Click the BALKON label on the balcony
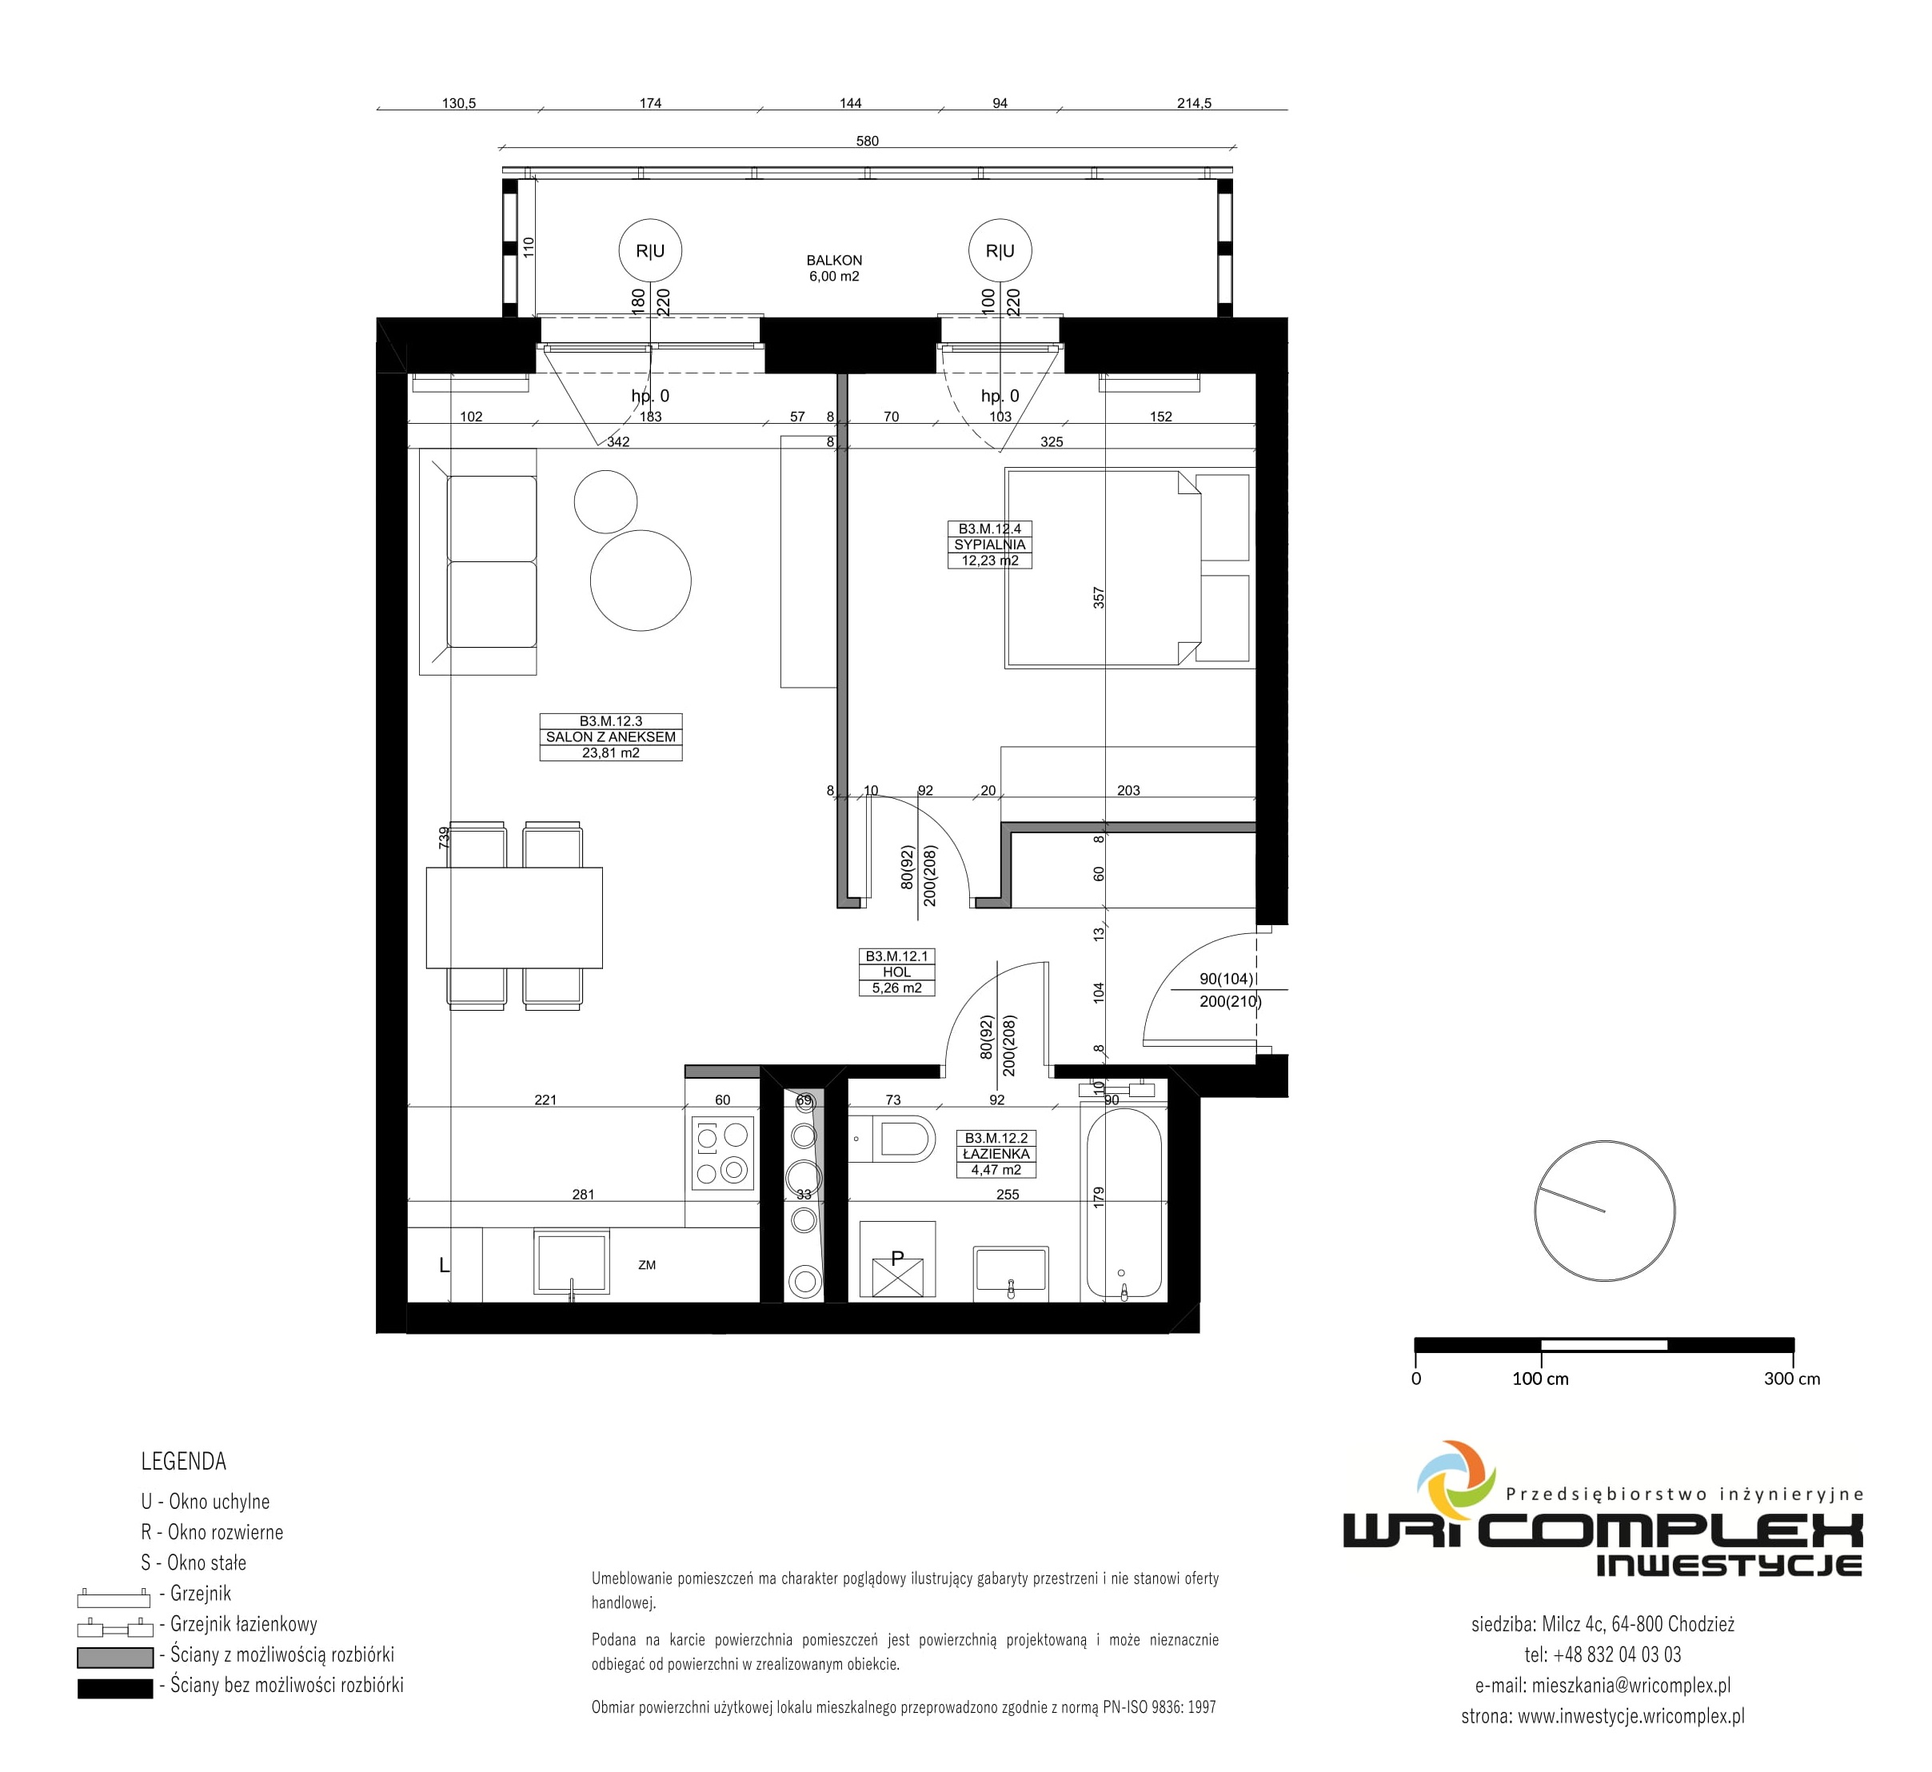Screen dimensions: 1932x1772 [x=833, y=260]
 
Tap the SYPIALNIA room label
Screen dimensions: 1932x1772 [x=989, y=545]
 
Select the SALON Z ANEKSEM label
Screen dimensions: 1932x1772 [x=611, y=736]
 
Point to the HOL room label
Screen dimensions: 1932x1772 [x=896, y=972]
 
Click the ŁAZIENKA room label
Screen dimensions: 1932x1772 [x=996, y=1154]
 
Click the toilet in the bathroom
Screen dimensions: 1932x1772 [x=892, y=1139]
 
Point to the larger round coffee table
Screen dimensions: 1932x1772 [x=641, y=580]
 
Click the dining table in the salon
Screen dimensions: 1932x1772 [x=514, y=918]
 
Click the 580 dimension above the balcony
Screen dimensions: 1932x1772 [x=867, y=141]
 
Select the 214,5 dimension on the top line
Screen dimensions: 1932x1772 [x=1194, y=102]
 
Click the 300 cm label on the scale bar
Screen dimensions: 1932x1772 [x=1791, y=1379]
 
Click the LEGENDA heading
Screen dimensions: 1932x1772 [x=183, y=1461]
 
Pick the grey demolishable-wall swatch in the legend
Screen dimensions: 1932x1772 [x=115, y=1657]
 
